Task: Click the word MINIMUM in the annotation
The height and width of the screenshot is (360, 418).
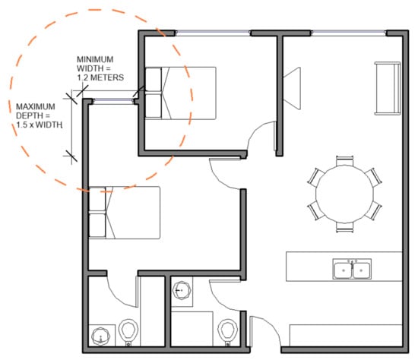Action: tap(95, 59)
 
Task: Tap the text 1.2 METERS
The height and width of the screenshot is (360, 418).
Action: tap(100, 77)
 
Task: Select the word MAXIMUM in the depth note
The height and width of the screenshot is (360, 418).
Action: tap(36, 106)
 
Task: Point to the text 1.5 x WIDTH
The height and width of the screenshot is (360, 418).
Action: tap(40, 125)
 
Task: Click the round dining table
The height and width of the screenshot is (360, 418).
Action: tap(345, 194)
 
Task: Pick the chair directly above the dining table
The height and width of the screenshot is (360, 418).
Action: tap(345, 161)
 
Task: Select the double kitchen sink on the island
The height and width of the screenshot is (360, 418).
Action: tap(352, 269)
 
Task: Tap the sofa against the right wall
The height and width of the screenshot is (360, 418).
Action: tap(388, 88)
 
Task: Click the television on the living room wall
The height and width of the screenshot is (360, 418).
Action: tap(292, 88)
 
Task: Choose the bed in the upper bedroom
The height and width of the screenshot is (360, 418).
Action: tap(180, 93)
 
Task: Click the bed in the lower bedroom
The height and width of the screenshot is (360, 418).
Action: tap(124, 213)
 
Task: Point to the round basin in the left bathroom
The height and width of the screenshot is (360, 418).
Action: tap(101, 336)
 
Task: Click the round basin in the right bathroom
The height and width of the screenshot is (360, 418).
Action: tap(182, 290)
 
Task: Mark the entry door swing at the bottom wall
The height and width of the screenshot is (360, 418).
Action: tap(265, 331)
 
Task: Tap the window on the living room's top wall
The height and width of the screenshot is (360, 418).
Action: tap(348, 33)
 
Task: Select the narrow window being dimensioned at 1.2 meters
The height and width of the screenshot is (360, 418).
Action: tap(113, 100)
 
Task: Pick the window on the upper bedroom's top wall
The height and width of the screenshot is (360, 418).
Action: tap(213, 33)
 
